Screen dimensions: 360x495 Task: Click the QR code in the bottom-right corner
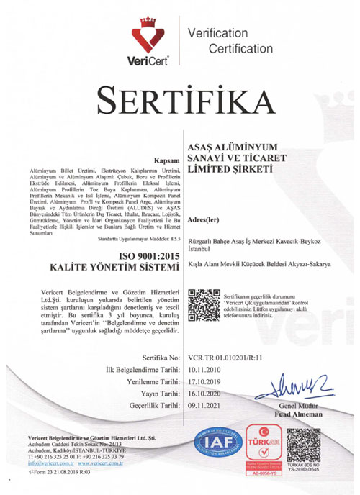[x=302, y=445]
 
